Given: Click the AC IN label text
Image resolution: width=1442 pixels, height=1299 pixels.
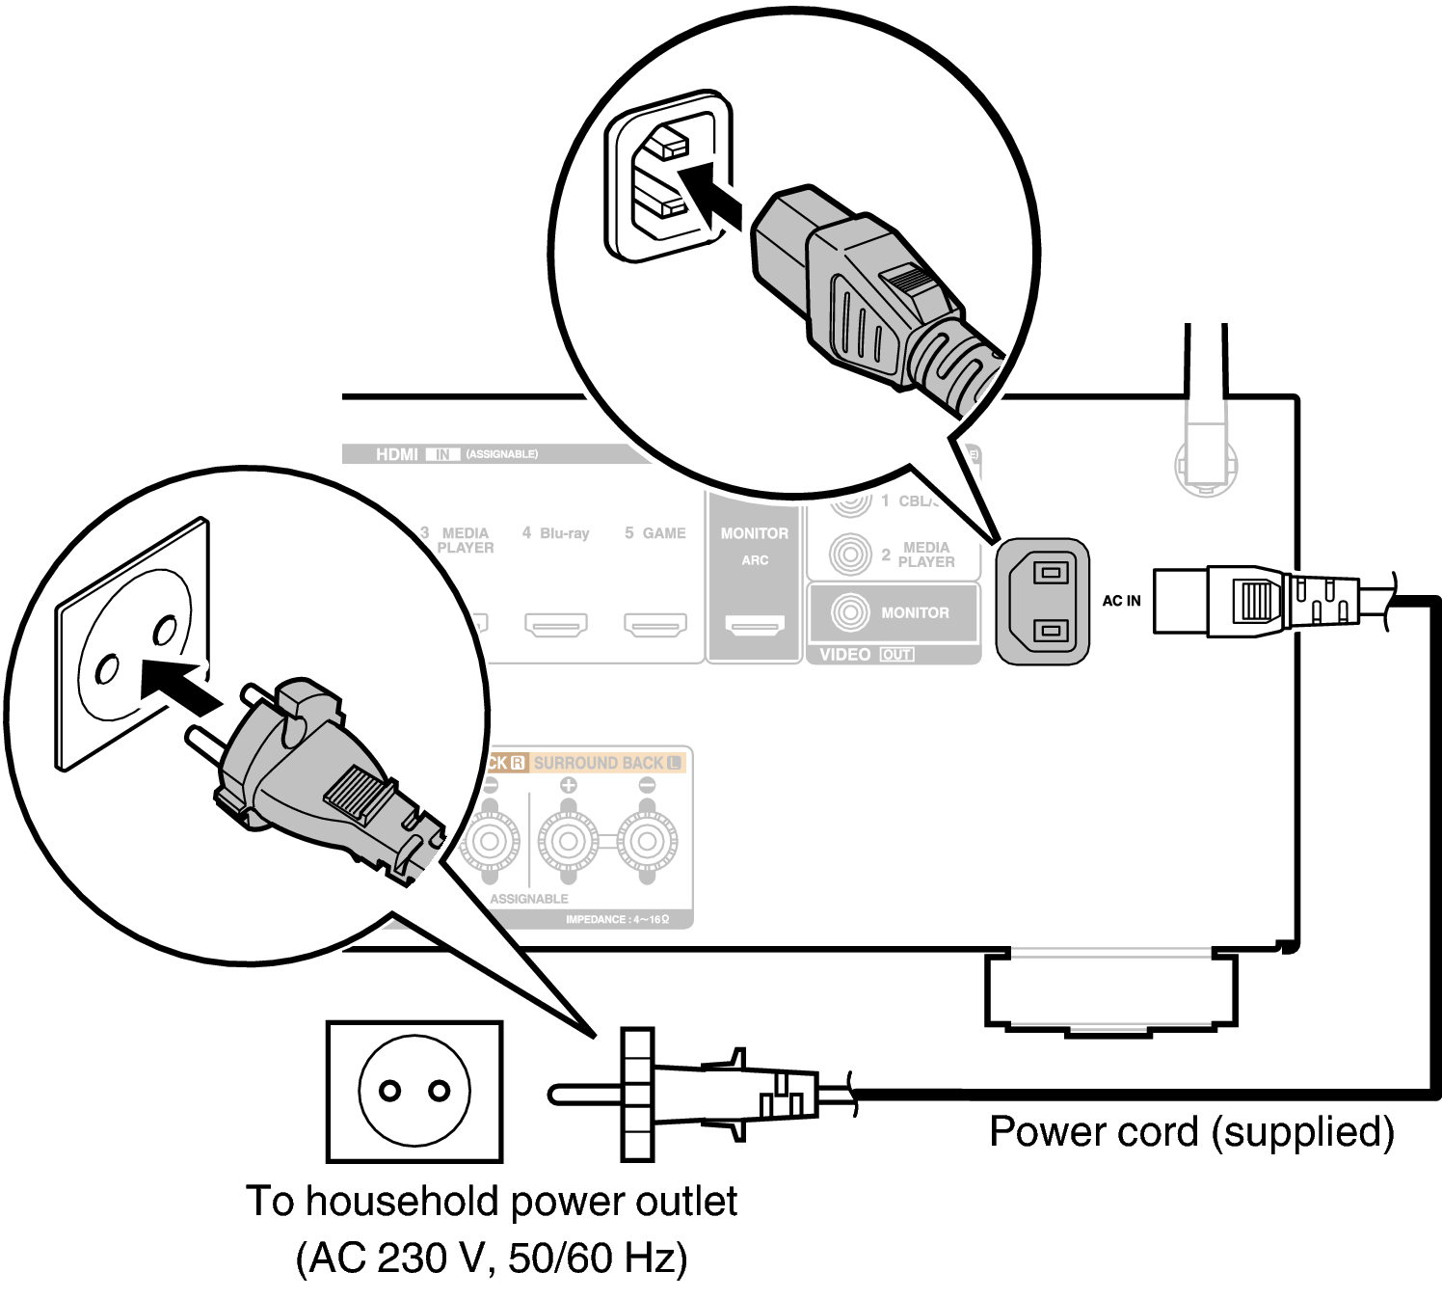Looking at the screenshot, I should tap(1121, 601).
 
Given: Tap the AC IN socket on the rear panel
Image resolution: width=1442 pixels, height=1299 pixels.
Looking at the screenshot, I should tap(1043, 601).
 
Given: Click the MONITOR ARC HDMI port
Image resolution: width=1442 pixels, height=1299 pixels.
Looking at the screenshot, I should tap(755, 627).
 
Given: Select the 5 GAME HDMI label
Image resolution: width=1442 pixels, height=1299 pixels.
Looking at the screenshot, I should tap(655, 532).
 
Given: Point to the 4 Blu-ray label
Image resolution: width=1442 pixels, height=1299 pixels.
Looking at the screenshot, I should tap(555, 532).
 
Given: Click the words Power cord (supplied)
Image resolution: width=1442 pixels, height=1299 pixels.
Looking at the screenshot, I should tap(1191, 1131).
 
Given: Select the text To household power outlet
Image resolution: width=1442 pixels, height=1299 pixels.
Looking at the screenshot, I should tap(492, 1202).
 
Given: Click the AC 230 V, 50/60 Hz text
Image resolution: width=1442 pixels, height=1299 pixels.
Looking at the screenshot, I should tap(492, 1258).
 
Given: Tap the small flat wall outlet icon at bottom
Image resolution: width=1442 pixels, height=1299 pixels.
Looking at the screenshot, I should tap(414, 1091).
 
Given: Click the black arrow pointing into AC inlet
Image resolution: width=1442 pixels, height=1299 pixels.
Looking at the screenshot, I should tap(708, 196).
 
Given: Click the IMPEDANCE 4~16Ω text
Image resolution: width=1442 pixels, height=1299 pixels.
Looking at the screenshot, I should tap(617, 919).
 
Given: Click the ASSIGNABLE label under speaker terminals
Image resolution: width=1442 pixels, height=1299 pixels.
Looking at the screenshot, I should tap(529, 898).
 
